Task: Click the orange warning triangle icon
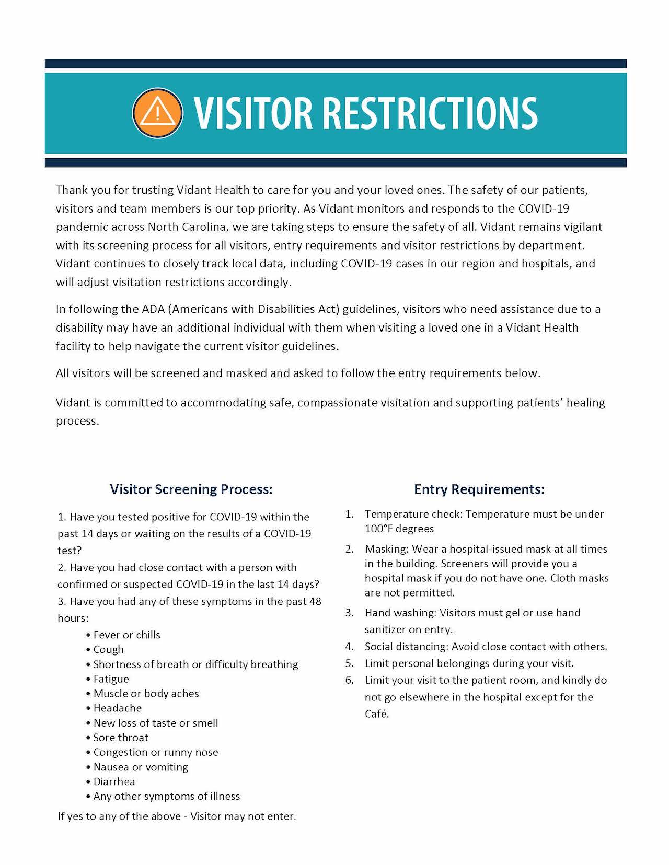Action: [157, 112]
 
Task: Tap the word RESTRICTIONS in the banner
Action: [430, 113]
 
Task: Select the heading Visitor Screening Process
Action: [191, 489]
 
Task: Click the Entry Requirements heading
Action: [479, 489]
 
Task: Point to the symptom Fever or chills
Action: [126, 635]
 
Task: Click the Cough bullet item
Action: [109, 649]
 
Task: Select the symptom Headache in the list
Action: [118, 708]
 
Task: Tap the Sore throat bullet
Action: [121, 738]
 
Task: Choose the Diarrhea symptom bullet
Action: [114, 781]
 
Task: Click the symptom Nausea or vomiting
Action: [141, 767]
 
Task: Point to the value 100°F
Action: [378, 529]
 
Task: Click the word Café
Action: [377, 714]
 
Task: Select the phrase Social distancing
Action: [406, 647]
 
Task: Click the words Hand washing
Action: [400, 613]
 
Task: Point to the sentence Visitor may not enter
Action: [243, 816]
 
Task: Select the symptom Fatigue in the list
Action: [111, 679]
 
